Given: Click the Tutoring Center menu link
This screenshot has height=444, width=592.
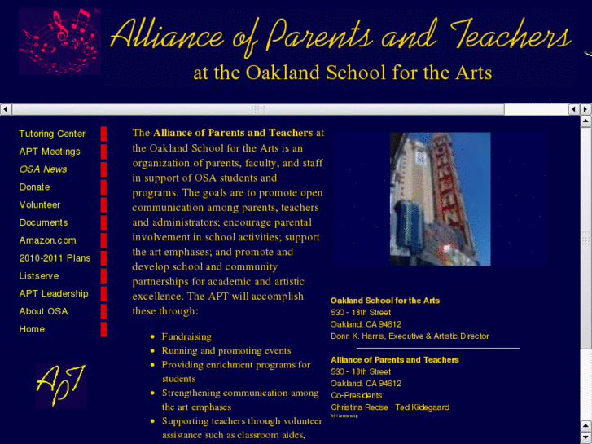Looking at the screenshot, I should [52, 134].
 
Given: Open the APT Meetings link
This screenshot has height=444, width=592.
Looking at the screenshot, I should [50, 152].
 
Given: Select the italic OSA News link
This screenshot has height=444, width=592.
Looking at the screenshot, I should [43, 169].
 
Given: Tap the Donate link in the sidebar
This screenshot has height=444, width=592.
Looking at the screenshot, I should [34, 187].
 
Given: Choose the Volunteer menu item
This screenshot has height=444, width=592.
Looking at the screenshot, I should [40, 204].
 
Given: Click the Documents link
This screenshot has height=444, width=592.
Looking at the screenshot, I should [43, 222].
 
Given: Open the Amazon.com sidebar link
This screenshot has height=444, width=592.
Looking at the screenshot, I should [47, 240].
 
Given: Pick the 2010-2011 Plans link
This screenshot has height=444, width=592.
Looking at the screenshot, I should [55, 258].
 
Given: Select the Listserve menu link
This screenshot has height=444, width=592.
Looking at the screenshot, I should [39, 276].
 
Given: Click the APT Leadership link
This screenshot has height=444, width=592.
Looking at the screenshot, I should [54, 293].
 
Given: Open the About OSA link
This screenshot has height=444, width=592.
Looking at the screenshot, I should [43, 311].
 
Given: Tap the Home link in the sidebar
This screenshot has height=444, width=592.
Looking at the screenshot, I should [32, 329].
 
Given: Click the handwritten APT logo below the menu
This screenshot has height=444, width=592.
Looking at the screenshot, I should [60, 385].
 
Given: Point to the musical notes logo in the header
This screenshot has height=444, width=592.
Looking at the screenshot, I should [59, 42].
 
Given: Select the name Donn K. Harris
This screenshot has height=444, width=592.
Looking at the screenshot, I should [358, 336].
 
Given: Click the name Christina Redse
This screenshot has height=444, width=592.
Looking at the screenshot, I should [359, 407].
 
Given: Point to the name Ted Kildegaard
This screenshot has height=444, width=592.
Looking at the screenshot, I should [420, 407].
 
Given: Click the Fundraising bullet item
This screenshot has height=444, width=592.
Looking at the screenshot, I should [186, 336].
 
